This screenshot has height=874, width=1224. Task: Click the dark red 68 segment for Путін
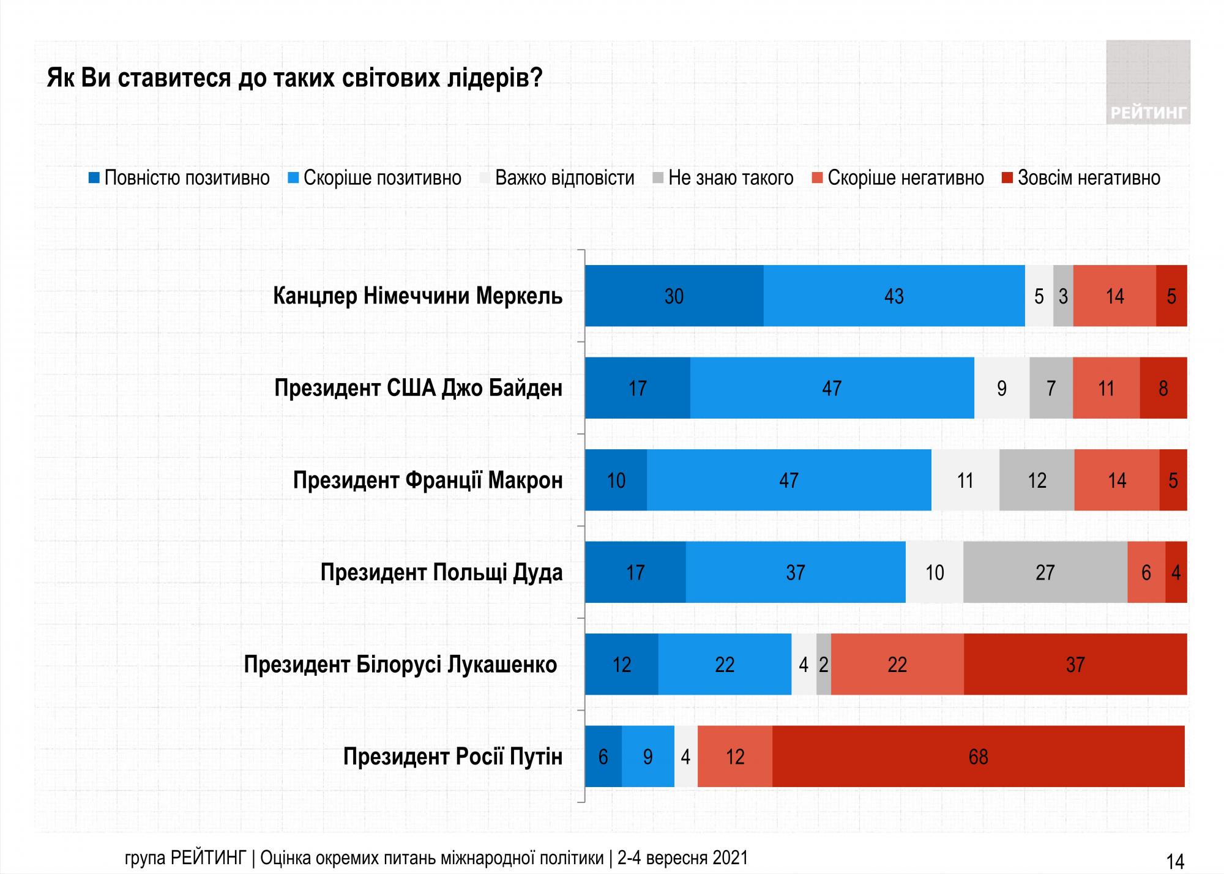pos(978,756)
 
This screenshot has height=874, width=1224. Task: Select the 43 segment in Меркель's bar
pos(894,296)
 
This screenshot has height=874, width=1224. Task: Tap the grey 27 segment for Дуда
pos(1045,572)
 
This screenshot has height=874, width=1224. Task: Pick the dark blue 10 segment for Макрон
pos(616,480)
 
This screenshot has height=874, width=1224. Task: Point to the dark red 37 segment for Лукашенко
pos(1075,665)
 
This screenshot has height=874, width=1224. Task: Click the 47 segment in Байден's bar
pos(832,388)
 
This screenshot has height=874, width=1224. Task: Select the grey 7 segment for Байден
pos(1051,388)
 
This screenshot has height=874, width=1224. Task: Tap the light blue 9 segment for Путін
pos(647,756)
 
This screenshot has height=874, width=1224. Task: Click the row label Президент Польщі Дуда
pos(441,573)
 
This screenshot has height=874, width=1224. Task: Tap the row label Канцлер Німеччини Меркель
pos(417,296)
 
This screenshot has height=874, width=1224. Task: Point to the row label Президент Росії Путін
pos(452,757)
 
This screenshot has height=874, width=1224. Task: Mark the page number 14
pos(1175,861)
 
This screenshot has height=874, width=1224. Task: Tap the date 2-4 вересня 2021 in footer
pos(682,857)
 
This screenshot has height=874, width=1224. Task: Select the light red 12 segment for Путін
pos(734,756)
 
